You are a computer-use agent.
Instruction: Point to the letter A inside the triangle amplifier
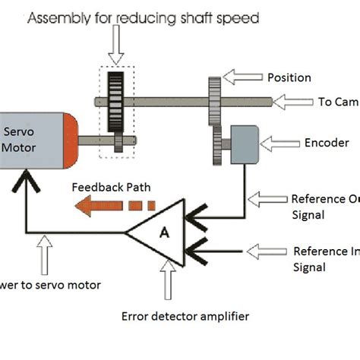pos(163,233)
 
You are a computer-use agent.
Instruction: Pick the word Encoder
pos(326,142)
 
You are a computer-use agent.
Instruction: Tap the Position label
pos(289,77)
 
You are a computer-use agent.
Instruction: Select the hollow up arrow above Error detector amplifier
pos(164,281)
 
